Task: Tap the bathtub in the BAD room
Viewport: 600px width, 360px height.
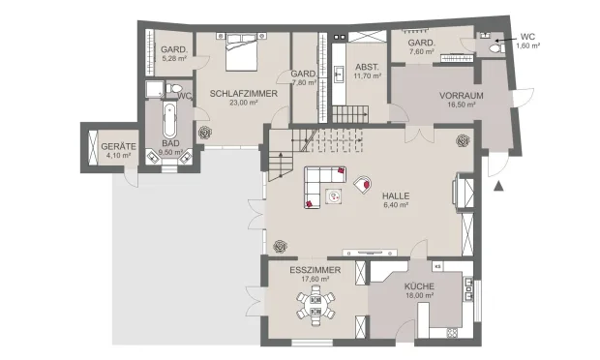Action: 169,121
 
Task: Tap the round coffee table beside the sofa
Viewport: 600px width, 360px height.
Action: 334,197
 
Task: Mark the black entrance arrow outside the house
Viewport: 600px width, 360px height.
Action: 499,184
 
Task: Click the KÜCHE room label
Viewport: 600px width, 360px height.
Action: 419,287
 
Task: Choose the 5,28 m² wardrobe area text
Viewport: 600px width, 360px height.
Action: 173,59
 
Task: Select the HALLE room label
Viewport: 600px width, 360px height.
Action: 396,195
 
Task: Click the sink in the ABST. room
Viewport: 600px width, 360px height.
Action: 341,72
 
